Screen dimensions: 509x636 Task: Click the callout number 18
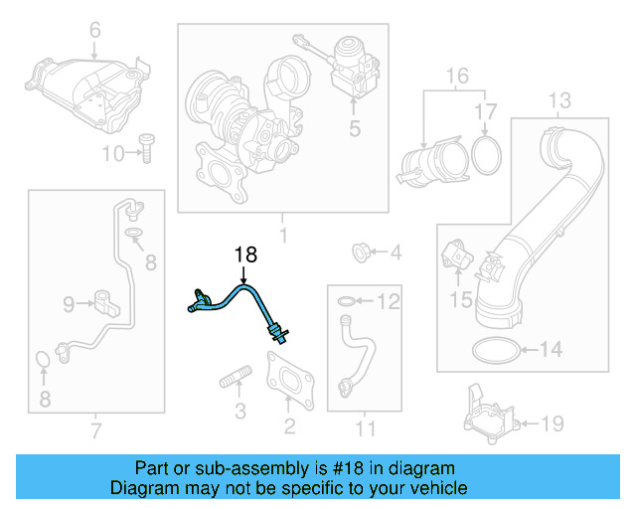tap(245, 255)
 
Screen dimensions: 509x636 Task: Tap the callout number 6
tap(95, 30)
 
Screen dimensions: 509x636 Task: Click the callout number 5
tap(354, 128)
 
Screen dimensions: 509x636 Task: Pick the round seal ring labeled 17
tap(484, 153)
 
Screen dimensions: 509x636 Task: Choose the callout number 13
tap(559, 100)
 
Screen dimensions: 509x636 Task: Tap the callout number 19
tap(552, 424)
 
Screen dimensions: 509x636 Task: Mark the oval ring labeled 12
tap(344, 301)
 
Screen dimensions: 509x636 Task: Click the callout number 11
tap(367, 429)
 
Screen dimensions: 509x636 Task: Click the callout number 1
tap(282, 237)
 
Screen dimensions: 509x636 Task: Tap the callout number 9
tap(69, 303)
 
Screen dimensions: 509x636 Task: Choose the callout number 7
tap(95, 429)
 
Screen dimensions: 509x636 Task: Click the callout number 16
tap(456, 76)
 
